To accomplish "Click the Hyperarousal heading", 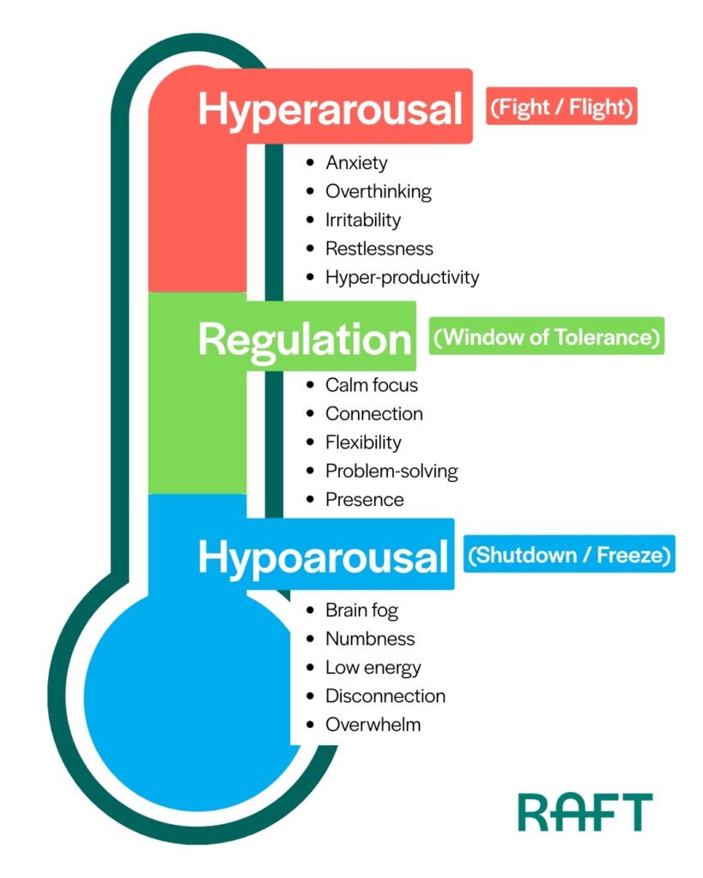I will [330, 110].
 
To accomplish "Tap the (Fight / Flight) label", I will [561, 106].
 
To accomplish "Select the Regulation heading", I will [305, 340].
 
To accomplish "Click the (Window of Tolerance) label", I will [547, 337].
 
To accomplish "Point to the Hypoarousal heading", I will [323, 556].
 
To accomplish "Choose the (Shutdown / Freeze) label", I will [569, 555].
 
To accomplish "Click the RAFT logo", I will [584, 811].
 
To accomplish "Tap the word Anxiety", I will [356, 162].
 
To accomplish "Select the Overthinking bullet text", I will [378, 191].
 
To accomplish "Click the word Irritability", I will [363, 219].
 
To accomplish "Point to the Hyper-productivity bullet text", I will [402, 277].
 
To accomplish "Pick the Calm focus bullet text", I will [371, 385].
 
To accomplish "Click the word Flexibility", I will [363, 442].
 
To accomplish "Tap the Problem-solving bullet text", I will [391, 471].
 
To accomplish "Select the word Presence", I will [364, 499].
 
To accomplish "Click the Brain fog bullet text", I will [361, 610].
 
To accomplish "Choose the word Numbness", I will [369, 639].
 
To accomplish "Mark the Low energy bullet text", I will [373, 667].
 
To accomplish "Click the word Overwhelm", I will [373, 725].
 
